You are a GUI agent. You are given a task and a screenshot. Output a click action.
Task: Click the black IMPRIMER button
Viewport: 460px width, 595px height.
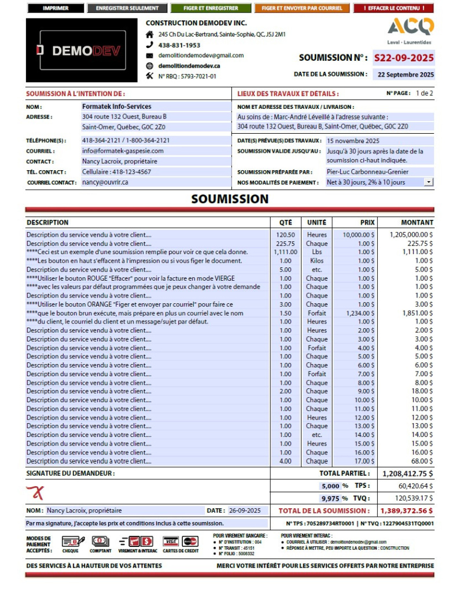[x=56, y=9]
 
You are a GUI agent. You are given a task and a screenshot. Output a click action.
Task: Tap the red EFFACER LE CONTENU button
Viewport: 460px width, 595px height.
[x=393, y=9]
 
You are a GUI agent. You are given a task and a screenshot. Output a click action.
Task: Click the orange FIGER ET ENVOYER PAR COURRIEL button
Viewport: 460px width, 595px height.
[x=301, y=9]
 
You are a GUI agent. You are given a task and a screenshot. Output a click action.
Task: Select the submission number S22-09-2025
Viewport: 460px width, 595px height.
[x=403, y=58]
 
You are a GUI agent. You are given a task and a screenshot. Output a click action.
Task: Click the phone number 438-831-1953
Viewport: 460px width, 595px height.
[x=179, y=45]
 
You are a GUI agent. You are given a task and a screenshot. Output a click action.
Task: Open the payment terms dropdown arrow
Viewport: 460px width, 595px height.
[x=428, y=182]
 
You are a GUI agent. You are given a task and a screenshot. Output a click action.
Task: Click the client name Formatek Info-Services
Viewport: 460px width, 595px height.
[x=117, y=106]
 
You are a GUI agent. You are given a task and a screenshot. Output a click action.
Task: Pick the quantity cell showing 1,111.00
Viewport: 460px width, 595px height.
[x=285, y=252]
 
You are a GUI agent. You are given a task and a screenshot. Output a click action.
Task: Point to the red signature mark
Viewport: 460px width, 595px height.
[x=36, y=493]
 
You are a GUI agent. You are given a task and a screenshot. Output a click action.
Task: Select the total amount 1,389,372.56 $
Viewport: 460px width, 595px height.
[x=406, y=511]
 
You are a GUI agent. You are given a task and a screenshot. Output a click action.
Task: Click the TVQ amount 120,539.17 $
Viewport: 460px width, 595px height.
[x=412, y=498]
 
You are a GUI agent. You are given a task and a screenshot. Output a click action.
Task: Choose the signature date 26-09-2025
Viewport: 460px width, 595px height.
[x=245, y=511]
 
